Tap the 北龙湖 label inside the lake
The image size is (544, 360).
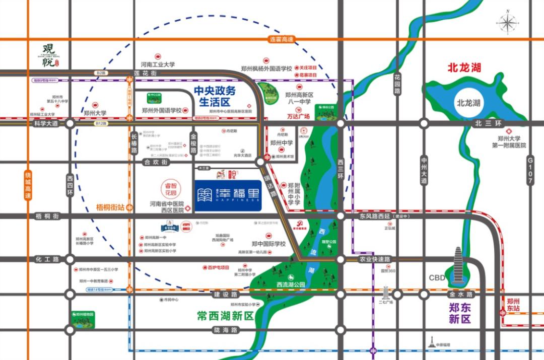468,103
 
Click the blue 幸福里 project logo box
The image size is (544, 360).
228,195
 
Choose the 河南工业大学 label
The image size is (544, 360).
158,64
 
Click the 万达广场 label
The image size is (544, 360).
298,116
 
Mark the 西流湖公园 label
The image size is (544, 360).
291,284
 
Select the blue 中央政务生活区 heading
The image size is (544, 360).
215,96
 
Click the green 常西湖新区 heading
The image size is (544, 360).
225,316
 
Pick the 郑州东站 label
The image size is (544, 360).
514,305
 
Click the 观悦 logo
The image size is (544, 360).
50,56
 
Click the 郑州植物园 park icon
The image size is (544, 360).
82,321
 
